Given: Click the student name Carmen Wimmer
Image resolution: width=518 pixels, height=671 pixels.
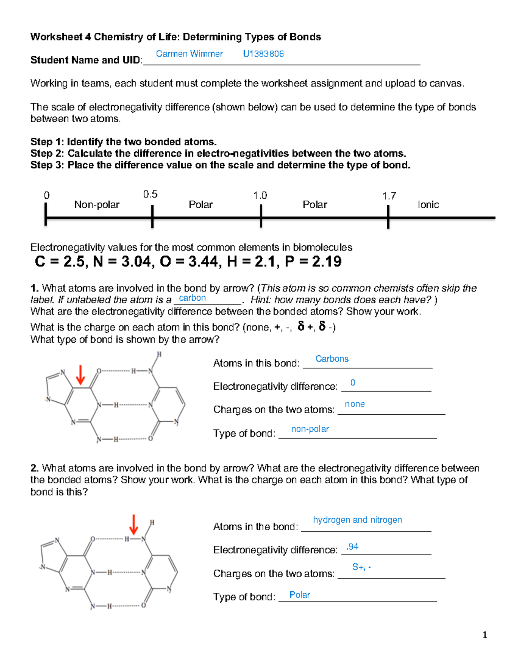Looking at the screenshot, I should (189, 54).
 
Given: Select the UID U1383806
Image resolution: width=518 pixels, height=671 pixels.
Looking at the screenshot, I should (263, 54).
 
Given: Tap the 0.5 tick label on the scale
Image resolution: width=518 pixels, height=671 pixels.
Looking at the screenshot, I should (150, 194).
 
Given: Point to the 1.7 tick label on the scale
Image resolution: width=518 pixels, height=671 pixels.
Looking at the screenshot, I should (389, 196).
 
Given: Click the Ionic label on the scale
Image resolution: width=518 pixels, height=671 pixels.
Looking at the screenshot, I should (428, 205).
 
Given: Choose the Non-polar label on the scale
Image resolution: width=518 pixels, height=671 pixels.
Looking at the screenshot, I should (97, 205).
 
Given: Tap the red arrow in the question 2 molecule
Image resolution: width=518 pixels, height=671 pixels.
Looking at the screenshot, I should (134, 525).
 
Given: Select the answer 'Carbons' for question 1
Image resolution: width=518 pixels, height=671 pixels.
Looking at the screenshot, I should (332, 359).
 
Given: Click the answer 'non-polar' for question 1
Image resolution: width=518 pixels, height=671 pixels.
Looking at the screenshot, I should (310, 429).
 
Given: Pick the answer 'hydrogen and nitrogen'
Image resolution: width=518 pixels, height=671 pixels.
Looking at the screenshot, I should (357, 520).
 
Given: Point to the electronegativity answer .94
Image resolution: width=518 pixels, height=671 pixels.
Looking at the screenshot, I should (352, 547).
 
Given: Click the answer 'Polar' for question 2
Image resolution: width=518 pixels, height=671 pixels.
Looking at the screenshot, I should (300, 595).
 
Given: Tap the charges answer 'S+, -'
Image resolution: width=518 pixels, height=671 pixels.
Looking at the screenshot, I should (361, 567).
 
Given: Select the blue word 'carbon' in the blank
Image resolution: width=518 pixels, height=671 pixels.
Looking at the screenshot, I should (192, 298).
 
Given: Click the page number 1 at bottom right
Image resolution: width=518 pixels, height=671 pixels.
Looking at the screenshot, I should (485, 635).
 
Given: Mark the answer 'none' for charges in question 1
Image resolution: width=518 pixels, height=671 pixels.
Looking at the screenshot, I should (355, 404).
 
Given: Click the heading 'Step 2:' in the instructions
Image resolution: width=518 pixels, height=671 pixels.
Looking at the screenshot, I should (47, 153).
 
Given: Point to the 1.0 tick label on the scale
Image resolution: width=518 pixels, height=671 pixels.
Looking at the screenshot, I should (260, 196).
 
